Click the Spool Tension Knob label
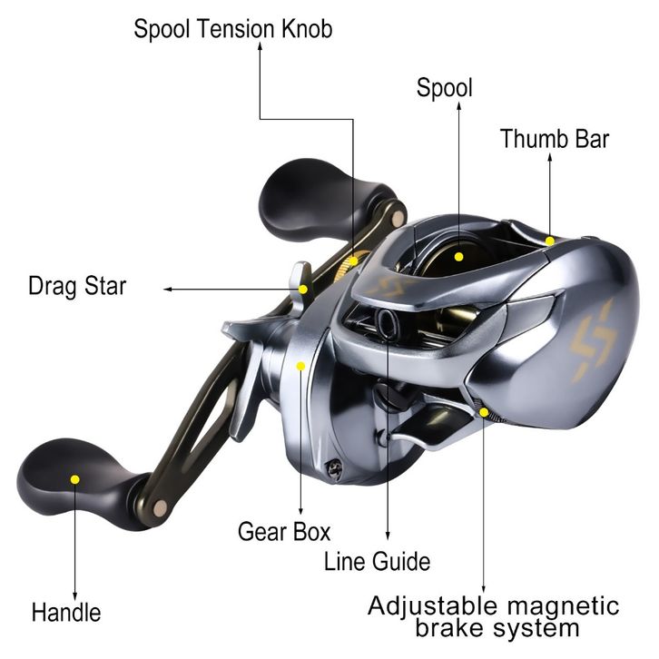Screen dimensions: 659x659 pyautogui.click(x=233, y=28)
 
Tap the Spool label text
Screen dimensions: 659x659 pyautogui.click(x=444, y=88)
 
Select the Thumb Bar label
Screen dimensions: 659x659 pyautogui.click(x=555, y=139)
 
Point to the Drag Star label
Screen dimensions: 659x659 pyautogui.click(x=77, y=286)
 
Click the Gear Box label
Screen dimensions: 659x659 pyautogui.click(x=284, y=531)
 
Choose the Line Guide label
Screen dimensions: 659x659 pyautogui.click(x=377, y=561)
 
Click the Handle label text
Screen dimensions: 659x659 pyautogui.click(x=66, y=613)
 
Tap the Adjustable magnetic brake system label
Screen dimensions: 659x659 pyautogui.click(x=494, y=617)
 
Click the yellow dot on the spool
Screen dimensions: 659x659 pyautogui.click(x=459, y=256)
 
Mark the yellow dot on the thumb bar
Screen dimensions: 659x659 pyautogui.click(x=550, y=241)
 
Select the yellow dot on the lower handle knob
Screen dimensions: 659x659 pyautogui.click(x=75, y=479)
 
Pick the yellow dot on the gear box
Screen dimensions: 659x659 pyautogui.click(x=300, y=366)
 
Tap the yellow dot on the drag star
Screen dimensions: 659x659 pyautogui.click(x=303, y=290)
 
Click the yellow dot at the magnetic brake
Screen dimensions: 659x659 pyautogui.click(x=484, y=412)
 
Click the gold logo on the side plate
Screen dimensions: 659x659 pyautogui.click(x=594, y=340)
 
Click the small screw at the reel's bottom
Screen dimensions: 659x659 pyautogui.click(x=334, y=469)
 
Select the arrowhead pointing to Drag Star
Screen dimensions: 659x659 pyautogui.click(x=167, y=290)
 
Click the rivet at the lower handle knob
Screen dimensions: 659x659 pyautogui.click(x=160, y=508)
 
